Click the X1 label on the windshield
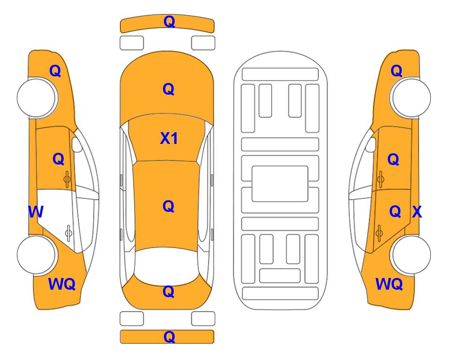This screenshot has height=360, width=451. tap(169, 138)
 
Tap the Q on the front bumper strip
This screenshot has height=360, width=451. tap(169, 22)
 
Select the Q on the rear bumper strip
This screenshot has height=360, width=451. tap(169, 337)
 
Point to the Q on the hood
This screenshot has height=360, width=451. tap(169, 89)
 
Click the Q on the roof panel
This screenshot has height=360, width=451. tap(169, 206)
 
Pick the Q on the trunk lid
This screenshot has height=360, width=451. tap(169, 292)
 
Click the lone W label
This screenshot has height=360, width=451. tap(36, 212)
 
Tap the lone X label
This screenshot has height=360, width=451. tap(417, 212)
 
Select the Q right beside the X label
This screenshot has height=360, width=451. tap(395, 212)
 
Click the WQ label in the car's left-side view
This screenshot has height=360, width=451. tap(62, 284)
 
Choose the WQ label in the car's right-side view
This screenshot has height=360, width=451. tap(389, 284)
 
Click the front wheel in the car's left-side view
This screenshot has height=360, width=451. tap(37, 97)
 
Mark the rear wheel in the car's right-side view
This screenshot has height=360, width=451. tap(411, 255)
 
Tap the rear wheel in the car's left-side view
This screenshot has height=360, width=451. tap(37, 255)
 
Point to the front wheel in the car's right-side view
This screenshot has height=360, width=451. tap(411, 97)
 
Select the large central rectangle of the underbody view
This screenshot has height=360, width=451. tap(280, 184)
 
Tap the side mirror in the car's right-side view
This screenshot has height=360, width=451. tap(370, 144)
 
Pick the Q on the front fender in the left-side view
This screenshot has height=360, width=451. tap(55, 71)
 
